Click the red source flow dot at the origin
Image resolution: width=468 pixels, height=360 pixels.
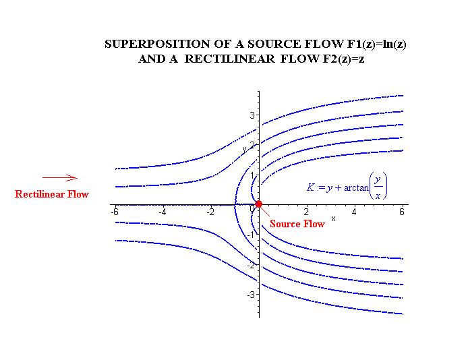click(258, 204)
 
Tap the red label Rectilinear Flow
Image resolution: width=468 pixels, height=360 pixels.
click(52, 194)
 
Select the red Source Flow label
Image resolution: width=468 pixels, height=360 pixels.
click(297, 224)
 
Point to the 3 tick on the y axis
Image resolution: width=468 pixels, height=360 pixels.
click(252, 115)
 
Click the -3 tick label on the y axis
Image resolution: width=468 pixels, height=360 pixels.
click(250, 295)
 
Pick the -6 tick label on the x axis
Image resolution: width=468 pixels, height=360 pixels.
click(115, 212)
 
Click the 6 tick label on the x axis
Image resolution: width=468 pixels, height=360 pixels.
click(402, 212)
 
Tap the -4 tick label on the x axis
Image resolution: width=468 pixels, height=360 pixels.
click(163, 212)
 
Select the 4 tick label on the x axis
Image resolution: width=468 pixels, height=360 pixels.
click(354, 212)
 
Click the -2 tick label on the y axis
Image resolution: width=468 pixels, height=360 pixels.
click(250, 265)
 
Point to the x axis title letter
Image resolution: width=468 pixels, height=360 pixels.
click(333, 219)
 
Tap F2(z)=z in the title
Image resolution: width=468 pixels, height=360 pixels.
click(339, 59)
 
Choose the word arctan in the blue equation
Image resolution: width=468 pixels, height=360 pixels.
click(357, 187)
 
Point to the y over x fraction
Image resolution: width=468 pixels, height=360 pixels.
click(379, 187)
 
